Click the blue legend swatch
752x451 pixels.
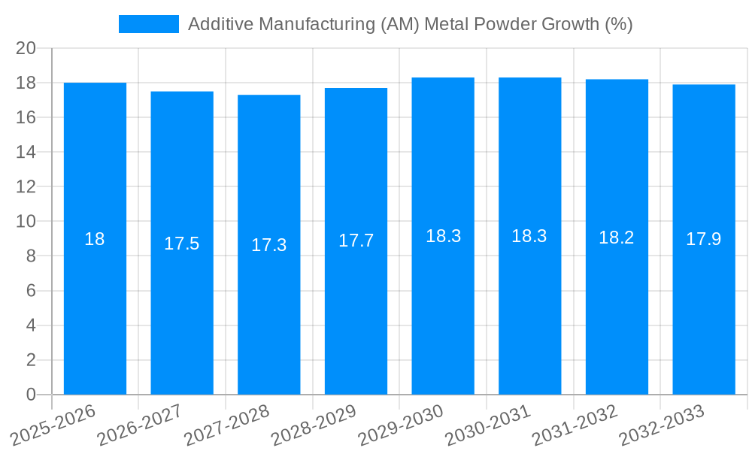click(x=149, y=24)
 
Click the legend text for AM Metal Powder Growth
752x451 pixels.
click(x=410, y=24)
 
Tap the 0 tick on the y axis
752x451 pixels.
click(x=31, y=395)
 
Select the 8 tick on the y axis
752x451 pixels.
click(x=31, y=256)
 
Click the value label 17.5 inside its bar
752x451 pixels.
click(x=181, y=244)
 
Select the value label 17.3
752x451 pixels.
click(x=268, y=245)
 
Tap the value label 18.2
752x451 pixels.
click(x=617, y=238)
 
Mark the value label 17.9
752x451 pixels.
click(x=704, y=240)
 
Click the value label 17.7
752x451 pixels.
click(x=356, y=241)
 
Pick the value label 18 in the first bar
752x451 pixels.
click(x=95, y=240)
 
